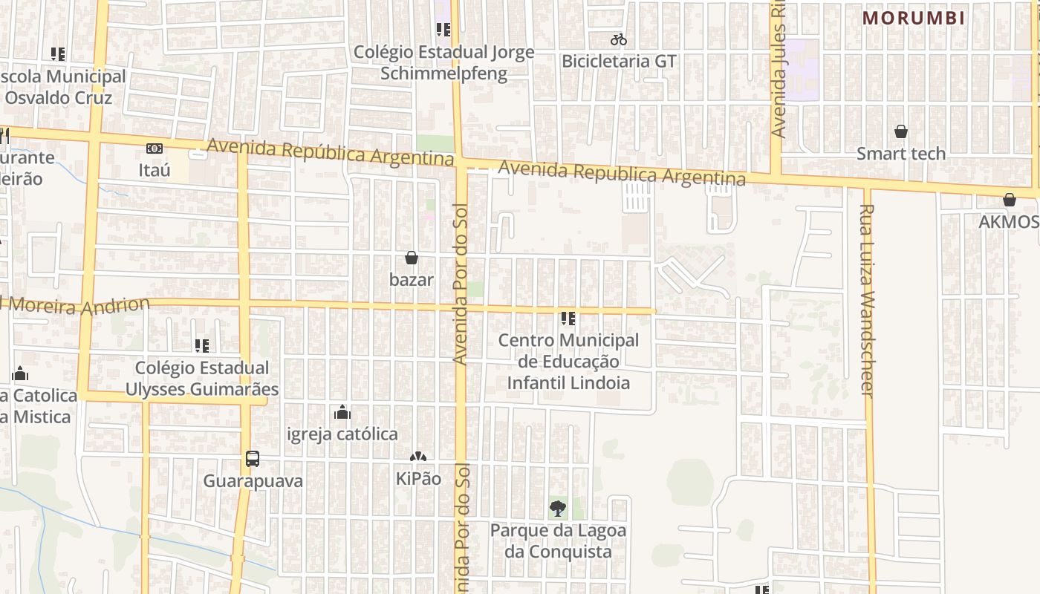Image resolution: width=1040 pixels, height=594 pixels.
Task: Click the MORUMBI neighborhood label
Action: [x=913, y=18]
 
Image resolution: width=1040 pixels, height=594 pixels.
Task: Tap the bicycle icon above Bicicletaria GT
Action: [x=618, y=39]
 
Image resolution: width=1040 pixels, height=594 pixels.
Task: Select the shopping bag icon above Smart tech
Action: [x=900, y=132]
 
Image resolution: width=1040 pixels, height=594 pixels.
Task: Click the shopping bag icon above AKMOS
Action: [x=1009, y=200]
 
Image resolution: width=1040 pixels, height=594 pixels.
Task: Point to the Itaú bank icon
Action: [x=154, y=148]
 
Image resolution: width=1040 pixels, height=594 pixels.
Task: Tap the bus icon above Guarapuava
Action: [x=253, y=459]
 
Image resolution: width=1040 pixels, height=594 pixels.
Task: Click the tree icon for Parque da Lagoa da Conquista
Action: [x=558, y=509]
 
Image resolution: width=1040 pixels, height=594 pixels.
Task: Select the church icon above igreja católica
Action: [x=342, y=412]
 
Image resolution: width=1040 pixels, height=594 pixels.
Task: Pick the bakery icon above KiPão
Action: [x=418, y=457]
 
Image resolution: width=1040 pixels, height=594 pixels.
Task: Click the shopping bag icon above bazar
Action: [x=411, y=258]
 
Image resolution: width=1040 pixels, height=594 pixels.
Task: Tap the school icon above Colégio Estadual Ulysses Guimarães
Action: [x=201, y=346]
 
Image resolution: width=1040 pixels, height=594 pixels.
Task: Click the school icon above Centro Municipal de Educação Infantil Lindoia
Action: [x=568, y=319]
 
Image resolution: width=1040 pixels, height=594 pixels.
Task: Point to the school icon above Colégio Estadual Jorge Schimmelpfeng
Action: [x=443, y=30]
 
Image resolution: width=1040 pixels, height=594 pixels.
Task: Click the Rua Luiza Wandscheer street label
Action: [x=868, y=301]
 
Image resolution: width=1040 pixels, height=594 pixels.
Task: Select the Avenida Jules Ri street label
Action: [x=778, y=71]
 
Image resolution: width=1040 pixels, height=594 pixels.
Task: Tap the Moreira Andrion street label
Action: [x=78, y=305]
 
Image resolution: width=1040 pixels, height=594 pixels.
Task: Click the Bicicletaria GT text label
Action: [x=619, y=61]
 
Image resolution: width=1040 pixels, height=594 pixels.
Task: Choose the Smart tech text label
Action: [x=900, y=154]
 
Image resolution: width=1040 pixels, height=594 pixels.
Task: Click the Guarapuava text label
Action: [x=253, y=481]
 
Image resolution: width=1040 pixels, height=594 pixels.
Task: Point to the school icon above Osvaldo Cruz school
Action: [x=58, y=54]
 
